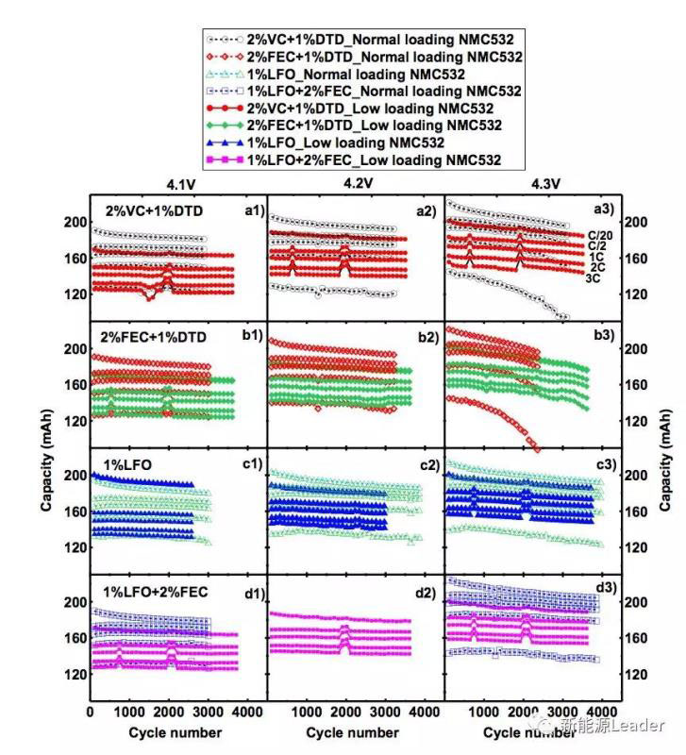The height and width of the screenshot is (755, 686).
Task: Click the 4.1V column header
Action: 178,185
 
